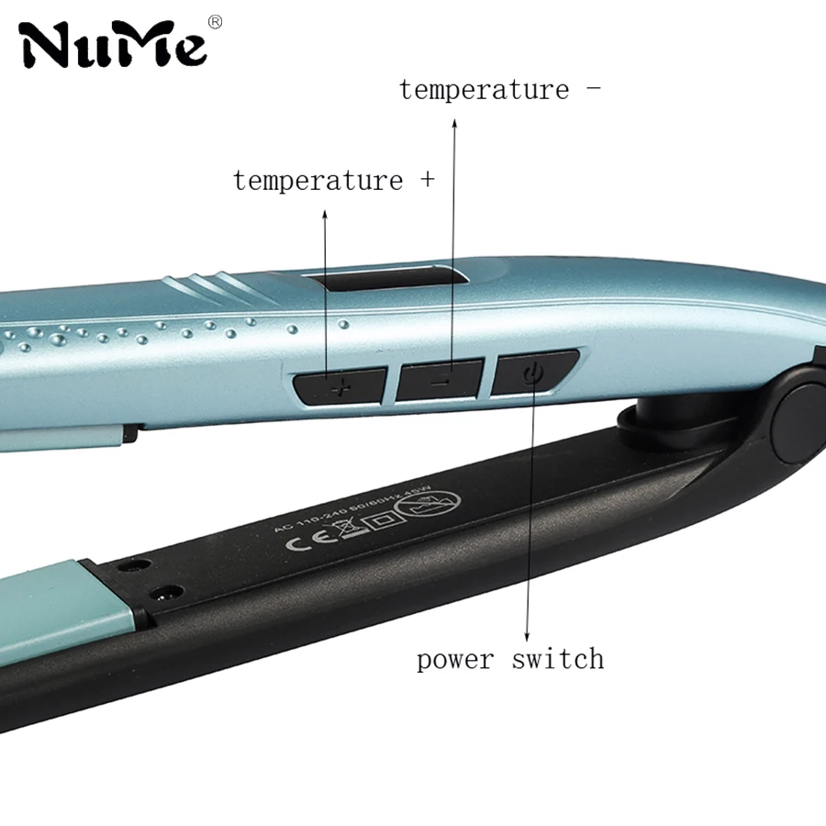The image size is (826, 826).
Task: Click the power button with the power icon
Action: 533,372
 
